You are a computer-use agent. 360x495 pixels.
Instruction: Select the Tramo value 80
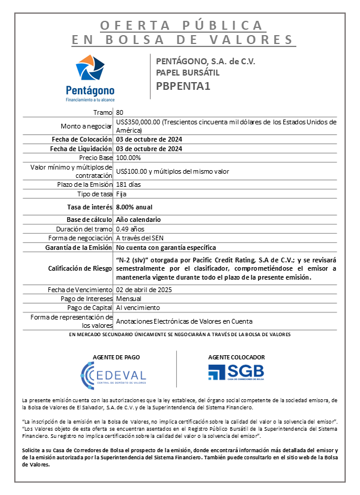click(120, 112)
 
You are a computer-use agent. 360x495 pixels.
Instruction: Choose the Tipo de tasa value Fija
click(121, 194)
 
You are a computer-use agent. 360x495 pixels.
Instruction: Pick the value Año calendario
click(139, 220)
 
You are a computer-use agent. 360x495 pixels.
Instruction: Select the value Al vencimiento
click(138, 308)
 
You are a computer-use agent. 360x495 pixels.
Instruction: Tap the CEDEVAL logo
click(113, 374)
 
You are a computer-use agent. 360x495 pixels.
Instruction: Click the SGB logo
click(236, 372)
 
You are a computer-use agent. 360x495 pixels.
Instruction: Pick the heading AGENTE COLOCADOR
click(236, 357)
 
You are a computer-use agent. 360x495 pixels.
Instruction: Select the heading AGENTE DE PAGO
click(113, 357)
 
